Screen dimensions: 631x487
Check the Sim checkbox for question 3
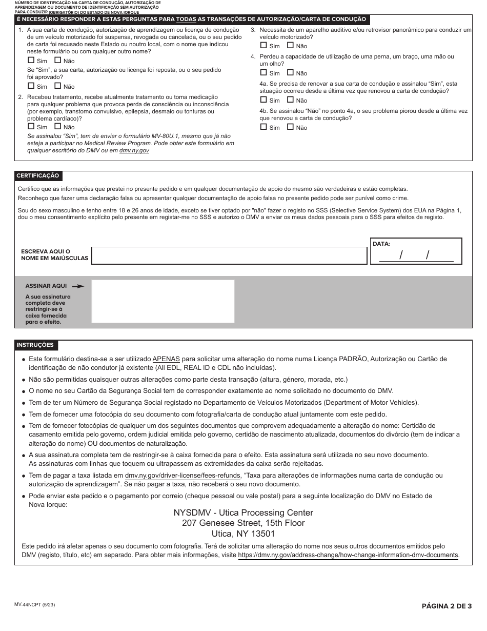click(263, 46)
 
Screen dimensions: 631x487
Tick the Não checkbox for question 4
click(290, 73)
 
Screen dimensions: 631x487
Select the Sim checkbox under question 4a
click(263, 100)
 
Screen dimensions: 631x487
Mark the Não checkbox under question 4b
click(290, 127)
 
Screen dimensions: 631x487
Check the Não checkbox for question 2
click(57, 127)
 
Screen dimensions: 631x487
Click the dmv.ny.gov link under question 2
click(134, 151)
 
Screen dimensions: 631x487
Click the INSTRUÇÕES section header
click(35, 345)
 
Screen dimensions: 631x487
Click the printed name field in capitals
click(229, 255)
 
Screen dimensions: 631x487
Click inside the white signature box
click(163, 301)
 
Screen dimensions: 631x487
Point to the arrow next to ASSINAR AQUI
click(78, 286)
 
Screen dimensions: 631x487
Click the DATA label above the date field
click(381, 244)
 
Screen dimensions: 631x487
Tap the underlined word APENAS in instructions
click(166, 359)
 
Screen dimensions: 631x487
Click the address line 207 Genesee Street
click(243, 523)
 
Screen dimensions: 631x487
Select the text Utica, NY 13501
click(243, 534)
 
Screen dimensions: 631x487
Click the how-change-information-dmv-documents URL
click(348, 555)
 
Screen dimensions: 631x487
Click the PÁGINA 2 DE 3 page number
click(446, 606)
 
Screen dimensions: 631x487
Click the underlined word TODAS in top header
click(186, 19)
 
